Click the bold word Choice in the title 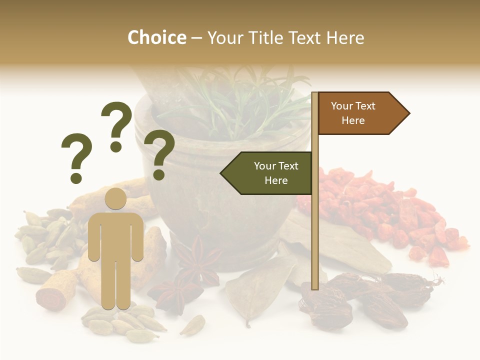(x=156, y=37)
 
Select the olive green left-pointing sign (x=268, y=173)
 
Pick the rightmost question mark (x=160, y=154)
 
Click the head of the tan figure (x=116, y=199)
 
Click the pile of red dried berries (x=385, y=210)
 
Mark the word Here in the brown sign (x=353, y=120)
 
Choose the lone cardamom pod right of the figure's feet (x=192, y=325)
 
